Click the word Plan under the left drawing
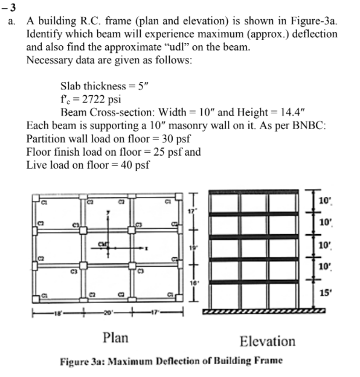(115, 337)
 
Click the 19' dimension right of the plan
(195, 246)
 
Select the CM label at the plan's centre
(103, 245)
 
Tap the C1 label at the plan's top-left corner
(42, 202)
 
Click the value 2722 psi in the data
(94, 98)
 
